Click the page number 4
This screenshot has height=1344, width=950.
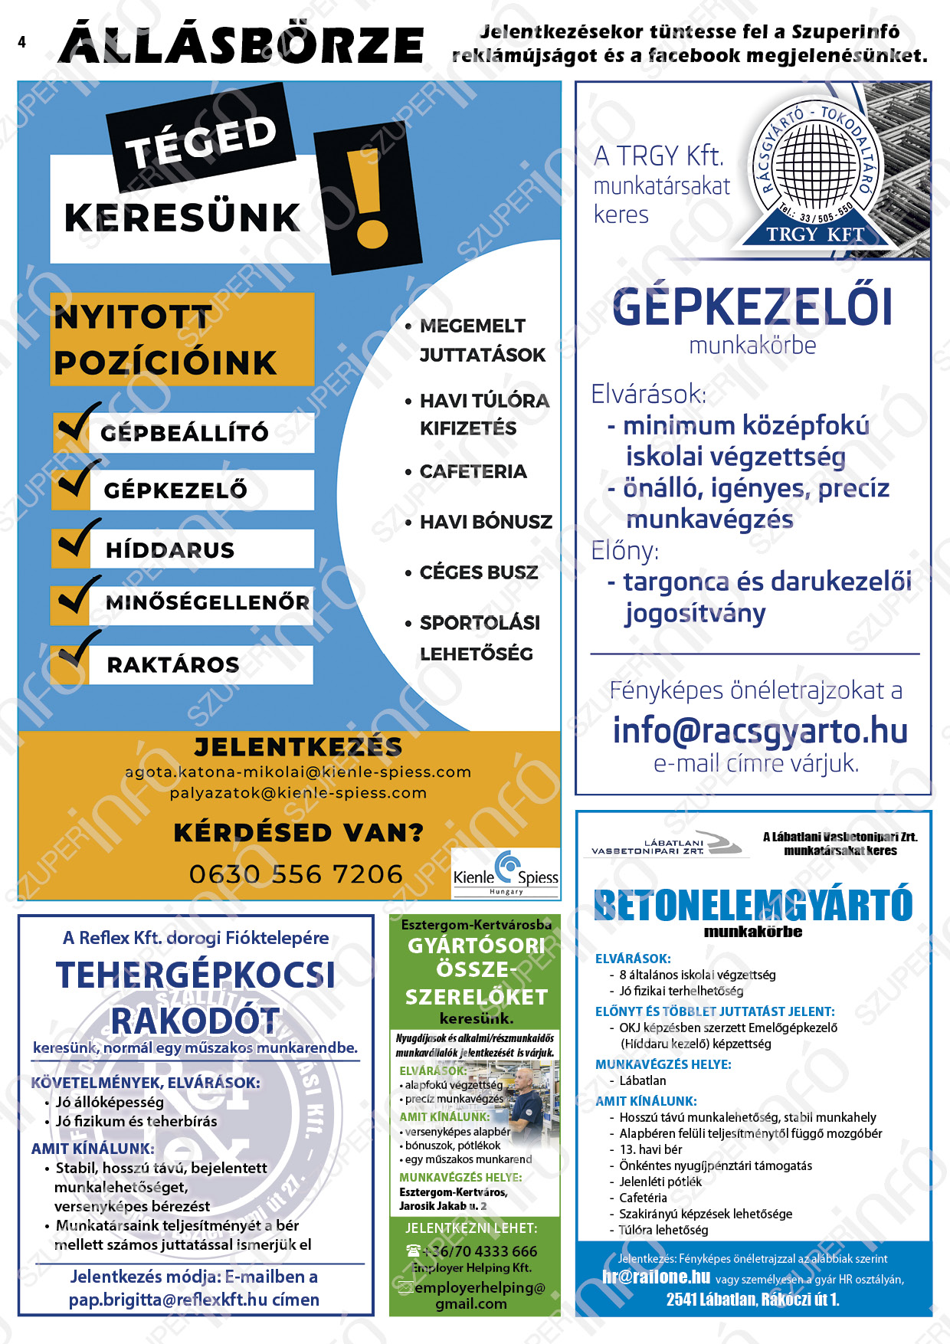(x=21, y=42)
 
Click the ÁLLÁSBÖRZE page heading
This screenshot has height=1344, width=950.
(x=241, y=44)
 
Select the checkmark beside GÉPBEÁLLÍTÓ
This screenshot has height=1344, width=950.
(x=77, y=424)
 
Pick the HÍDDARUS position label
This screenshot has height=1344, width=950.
(x=170, y=549)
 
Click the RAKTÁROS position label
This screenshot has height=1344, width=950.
(x=173, y=664)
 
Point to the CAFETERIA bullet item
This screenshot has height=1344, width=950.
(x=473, y=471)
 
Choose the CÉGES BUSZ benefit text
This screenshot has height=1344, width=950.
(x=478, y=572)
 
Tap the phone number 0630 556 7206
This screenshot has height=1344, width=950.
(x=296, y=874)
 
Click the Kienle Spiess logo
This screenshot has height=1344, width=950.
(x=506, y=873)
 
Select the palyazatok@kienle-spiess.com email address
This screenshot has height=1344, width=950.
(x=298, y=793)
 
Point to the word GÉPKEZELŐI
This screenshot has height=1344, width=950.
(x=752, y=307)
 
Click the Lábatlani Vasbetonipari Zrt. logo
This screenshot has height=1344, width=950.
(x=665, y=844)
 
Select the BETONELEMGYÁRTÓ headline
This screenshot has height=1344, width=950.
(x=753, y=905)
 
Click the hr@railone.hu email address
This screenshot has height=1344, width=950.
(x=656, y=1277)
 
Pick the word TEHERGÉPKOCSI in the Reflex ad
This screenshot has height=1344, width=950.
(x=196, y=975)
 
